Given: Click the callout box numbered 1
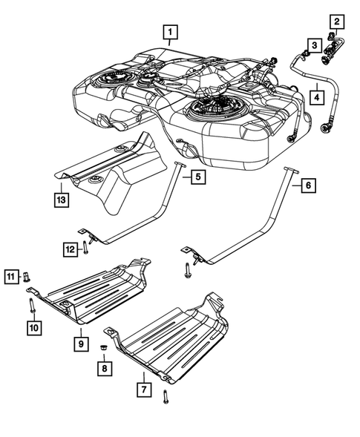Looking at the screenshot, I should coord(171,32).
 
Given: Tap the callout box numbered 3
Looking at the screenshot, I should coord(315,46).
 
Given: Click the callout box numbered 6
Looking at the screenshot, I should coord(308,187).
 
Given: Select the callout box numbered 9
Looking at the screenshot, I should coord(80,343).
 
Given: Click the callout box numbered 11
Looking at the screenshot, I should coord(11,278).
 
